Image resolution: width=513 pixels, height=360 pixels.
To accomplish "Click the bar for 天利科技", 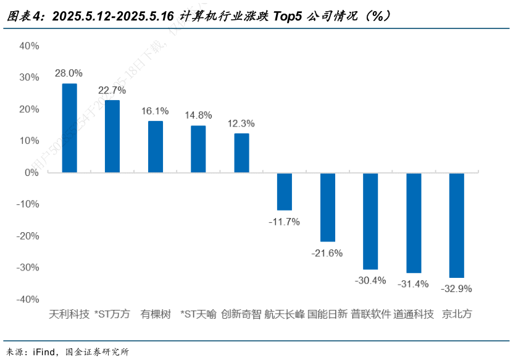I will coord(70,128).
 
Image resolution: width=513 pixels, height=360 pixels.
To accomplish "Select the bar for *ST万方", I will coord(112,136).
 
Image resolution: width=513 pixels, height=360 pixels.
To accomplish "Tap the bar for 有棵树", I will coord(156,146).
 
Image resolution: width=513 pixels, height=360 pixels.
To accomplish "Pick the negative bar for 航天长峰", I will coord(285,191).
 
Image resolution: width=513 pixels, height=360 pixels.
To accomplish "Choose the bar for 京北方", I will coord(457,225).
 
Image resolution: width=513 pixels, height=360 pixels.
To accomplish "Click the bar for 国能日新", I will coord(328,207).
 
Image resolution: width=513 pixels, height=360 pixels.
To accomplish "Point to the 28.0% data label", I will coord(69,73).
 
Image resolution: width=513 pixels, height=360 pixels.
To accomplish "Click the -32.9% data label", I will coord(456,288).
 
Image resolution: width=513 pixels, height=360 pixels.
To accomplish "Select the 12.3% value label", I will coord(241,123).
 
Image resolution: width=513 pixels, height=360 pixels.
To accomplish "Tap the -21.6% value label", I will coord(327,253).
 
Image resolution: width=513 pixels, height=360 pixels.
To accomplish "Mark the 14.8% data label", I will coord(198,115).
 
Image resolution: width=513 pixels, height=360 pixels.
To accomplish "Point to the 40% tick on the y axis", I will coord(30,46).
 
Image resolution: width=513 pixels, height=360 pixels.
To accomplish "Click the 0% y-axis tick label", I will coord(32,172).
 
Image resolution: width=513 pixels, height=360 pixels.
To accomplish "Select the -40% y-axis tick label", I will coord(28,299).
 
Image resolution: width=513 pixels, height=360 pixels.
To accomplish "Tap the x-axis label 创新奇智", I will coord(241,314).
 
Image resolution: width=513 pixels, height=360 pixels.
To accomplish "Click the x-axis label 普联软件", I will coord(371,314).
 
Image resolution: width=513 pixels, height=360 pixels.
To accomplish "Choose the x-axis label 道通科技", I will coord(414,314).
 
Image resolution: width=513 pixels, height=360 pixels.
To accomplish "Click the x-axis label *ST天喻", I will coord(198,314).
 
